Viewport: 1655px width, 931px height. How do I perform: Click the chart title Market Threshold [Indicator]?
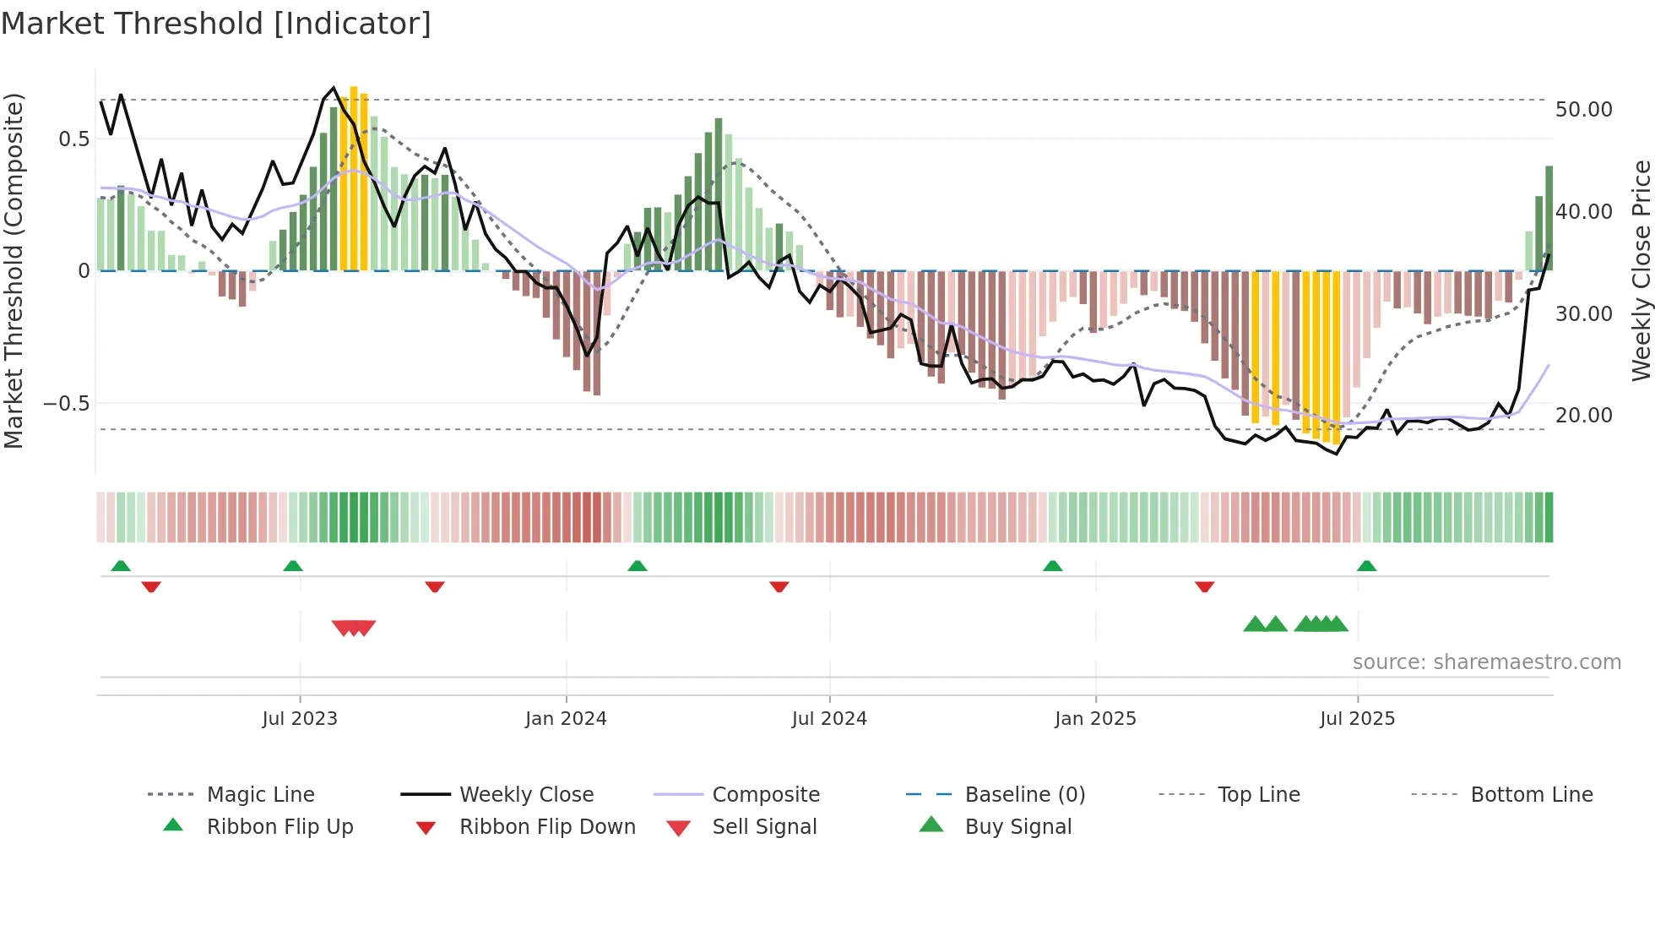216,24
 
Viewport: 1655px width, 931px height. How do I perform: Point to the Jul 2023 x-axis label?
300,719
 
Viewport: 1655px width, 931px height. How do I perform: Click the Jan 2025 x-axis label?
1095,719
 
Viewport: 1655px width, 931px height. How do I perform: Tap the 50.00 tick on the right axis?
1584,110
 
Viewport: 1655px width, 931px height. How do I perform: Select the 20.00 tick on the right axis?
1584,416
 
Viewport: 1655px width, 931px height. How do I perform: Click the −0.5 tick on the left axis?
67,404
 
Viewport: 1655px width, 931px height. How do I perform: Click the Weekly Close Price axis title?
1641,270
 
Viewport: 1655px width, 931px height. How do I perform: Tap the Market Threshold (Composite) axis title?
14,270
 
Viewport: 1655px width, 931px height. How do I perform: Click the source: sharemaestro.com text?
1486,662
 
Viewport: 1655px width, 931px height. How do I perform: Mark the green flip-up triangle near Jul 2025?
1366,566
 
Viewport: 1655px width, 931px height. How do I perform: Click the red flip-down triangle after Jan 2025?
1204,586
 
